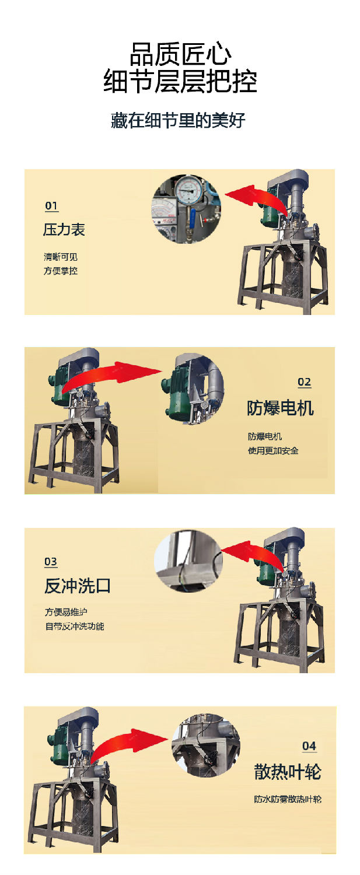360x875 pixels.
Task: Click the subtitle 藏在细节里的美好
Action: tap(178, 121)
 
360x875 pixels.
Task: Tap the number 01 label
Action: tap(51, 206)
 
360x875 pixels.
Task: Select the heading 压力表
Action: tap(64, 230)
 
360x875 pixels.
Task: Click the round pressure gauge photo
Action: tap(186, 209)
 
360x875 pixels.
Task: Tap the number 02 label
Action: tap(304, 383)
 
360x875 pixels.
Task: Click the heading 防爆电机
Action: tap(280, 408)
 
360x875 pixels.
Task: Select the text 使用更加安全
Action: tap(273, 451)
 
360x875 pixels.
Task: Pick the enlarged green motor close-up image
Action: tap(192, 387)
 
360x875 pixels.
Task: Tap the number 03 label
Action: tap(51, 562)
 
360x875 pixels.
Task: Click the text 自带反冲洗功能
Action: tap(75, 626)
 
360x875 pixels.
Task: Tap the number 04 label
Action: tap(309, 746)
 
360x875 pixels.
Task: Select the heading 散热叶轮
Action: tap(287, 772)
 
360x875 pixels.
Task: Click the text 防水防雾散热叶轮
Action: tap(287, 799)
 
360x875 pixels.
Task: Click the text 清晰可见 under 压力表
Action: tap(60, 257)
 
